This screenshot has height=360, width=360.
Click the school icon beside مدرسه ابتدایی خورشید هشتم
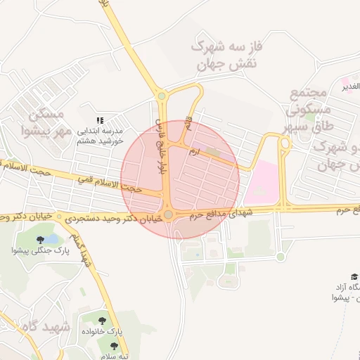click(x=100, y=120)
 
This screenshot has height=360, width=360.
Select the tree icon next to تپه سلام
click(x=114, y=345)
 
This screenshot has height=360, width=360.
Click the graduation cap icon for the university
click(x=354, y=277)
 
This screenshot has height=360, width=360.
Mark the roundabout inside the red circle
click(x=168, y=214)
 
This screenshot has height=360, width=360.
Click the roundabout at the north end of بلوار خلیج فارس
click(x=161, y=96)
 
